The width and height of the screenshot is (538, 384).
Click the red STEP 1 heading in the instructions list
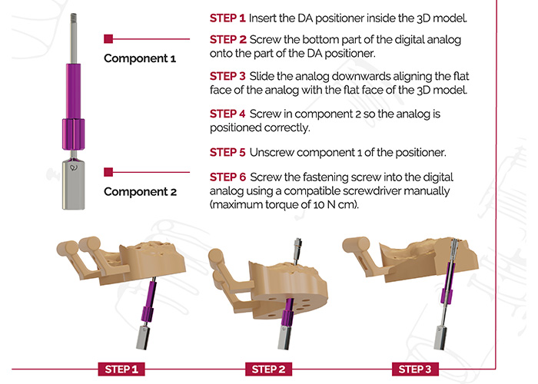[227, 18]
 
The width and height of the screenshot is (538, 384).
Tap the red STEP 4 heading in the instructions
[227, 114]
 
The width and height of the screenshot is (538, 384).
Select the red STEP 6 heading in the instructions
[227, 177]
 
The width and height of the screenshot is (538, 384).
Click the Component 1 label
[140, 58]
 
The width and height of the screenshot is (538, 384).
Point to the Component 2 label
[141, 192]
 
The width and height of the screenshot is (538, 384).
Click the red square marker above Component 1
[108, 38]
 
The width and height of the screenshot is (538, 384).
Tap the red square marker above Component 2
[108, 172]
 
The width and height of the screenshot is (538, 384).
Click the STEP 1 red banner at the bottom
[121, 369]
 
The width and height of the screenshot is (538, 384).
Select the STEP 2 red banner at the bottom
[269, 369]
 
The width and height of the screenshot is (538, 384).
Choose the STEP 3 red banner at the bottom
[415, 369]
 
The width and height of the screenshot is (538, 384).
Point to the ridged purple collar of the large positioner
[73, 134]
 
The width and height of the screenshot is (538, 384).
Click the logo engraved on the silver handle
[74, 167]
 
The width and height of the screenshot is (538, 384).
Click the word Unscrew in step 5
[271, 153]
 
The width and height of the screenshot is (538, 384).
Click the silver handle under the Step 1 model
[143, 338]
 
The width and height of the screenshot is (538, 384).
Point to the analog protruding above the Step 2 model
[297, 251]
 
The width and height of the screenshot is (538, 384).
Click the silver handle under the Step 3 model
[441, 338]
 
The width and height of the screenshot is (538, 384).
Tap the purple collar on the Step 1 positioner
[148, 314]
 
